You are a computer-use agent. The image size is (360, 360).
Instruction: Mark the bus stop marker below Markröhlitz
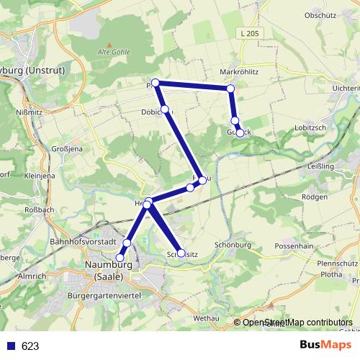tap(230, 89)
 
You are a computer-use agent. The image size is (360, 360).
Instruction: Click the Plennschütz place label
tap(336, 264)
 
